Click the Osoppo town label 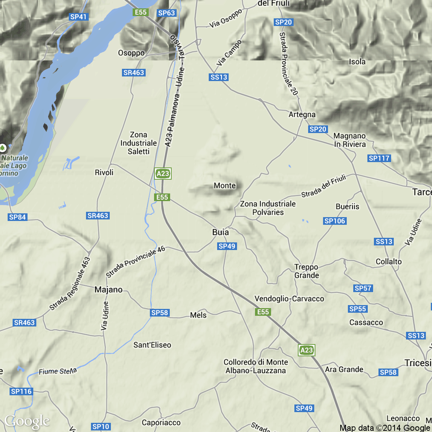click(131, 53)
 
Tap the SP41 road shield click(79, 17)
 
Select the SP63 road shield click(166, 13)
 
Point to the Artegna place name click(302, 114)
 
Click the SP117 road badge click(379, 158)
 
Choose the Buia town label click(221, 232)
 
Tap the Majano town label click(109, 289)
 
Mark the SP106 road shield click(335, 221)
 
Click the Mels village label click(198, 315)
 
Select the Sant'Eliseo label click(152, 345)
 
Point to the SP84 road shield click(17, 217)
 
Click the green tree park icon click(3, 147)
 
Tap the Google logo click(27, 421)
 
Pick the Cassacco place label click(366, 322)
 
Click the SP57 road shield click(363, 288)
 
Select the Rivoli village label click(104, 172)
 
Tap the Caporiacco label click(161, 422)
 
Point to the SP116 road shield click(21, 391)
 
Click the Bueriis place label click(347, 206)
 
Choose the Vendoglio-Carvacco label click(289, 299)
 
